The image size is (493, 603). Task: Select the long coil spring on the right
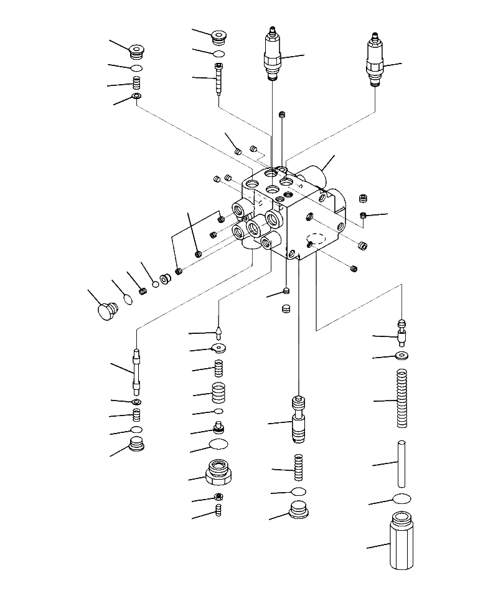pos(401,399)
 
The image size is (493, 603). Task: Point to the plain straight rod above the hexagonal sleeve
pos(402,463)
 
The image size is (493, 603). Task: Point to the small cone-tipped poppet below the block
pos(218,328)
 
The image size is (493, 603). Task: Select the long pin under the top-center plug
pos(218,78)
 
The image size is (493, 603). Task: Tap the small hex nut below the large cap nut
pos(218,496)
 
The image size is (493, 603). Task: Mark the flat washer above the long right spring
pos(401,356)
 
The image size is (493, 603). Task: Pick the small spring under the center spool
pos(298,467)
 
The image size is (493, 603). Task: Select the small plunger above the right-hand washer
pos(401,332)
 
